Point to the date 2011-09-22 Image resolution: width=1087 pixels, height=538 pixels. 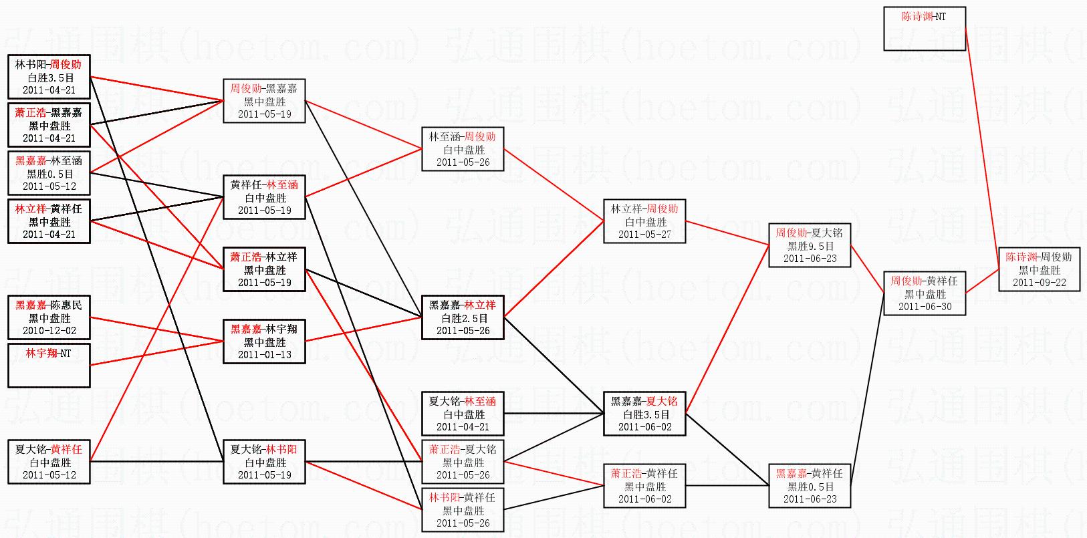[x=1039, y=282]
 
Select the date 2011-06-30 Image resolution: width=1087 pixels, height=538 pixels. [x=925, y=307]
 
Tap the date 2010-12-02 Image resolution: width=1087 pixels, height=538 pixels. [x=49, y=330]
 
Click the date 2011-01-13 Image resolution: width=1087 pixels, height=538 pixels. [x=265, y=355]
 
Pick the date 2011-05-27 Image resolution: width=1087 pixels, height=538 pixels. [x=644, y=235]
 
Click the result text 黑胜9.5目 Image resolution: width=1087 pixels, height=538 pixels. [x=810, y=246]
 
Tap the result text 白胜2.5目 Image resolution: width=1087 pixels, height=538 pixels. [x=463, y=318]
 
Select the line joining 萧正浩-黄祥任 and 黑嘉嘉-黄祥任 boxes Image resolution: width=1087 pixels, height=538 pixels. [x=727, y=486]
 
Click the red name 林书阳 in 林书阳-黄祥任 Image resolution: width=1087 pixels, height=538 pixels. [x=444, y=497]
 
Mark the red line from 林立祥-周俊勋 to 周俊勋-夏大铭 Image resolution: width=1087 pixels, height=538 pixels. [x=727, y=233]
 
